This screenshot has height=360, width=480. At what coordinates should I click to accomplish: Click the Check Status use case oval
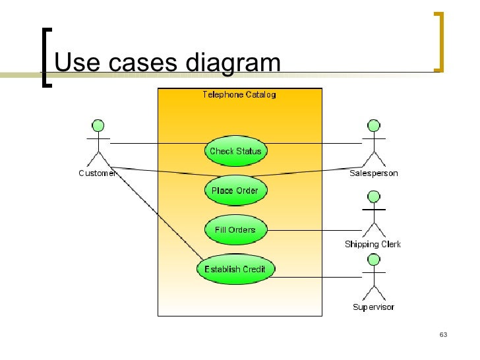(235, 151)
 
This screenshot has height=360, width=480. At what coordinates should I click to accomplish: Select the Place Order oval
(235, 191)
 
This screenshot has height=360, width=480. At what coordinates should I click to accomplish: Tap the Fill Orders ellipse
(235, 230)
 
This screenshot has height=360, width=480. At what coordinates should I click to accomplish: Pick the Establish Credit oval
(235, 269)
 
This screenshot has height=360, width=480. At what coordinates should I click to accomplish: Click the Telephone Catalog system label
(239, 95)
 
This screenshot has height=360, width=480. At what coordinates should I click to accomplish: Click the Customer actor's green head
(98, 126)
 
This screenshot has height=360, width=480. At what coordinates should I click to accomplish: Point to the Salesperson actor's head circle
(373, 126)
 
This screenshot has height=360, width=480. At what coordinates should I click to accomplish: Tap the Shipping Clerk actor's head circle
(373, 196)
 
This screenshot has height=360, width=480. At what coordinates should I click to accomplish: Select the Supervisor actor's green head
(373, 260)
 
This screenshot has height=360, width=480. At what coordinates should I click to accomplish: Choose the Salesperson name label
(373, 174)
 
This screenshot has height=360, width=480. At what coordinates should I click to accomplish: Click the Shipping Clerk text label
(373, 245)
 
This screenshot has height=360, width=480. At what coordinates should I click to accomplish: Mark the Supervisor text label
(373, 308)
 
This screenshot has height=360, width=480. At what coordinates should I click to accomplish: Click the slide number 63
(443, 336)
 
